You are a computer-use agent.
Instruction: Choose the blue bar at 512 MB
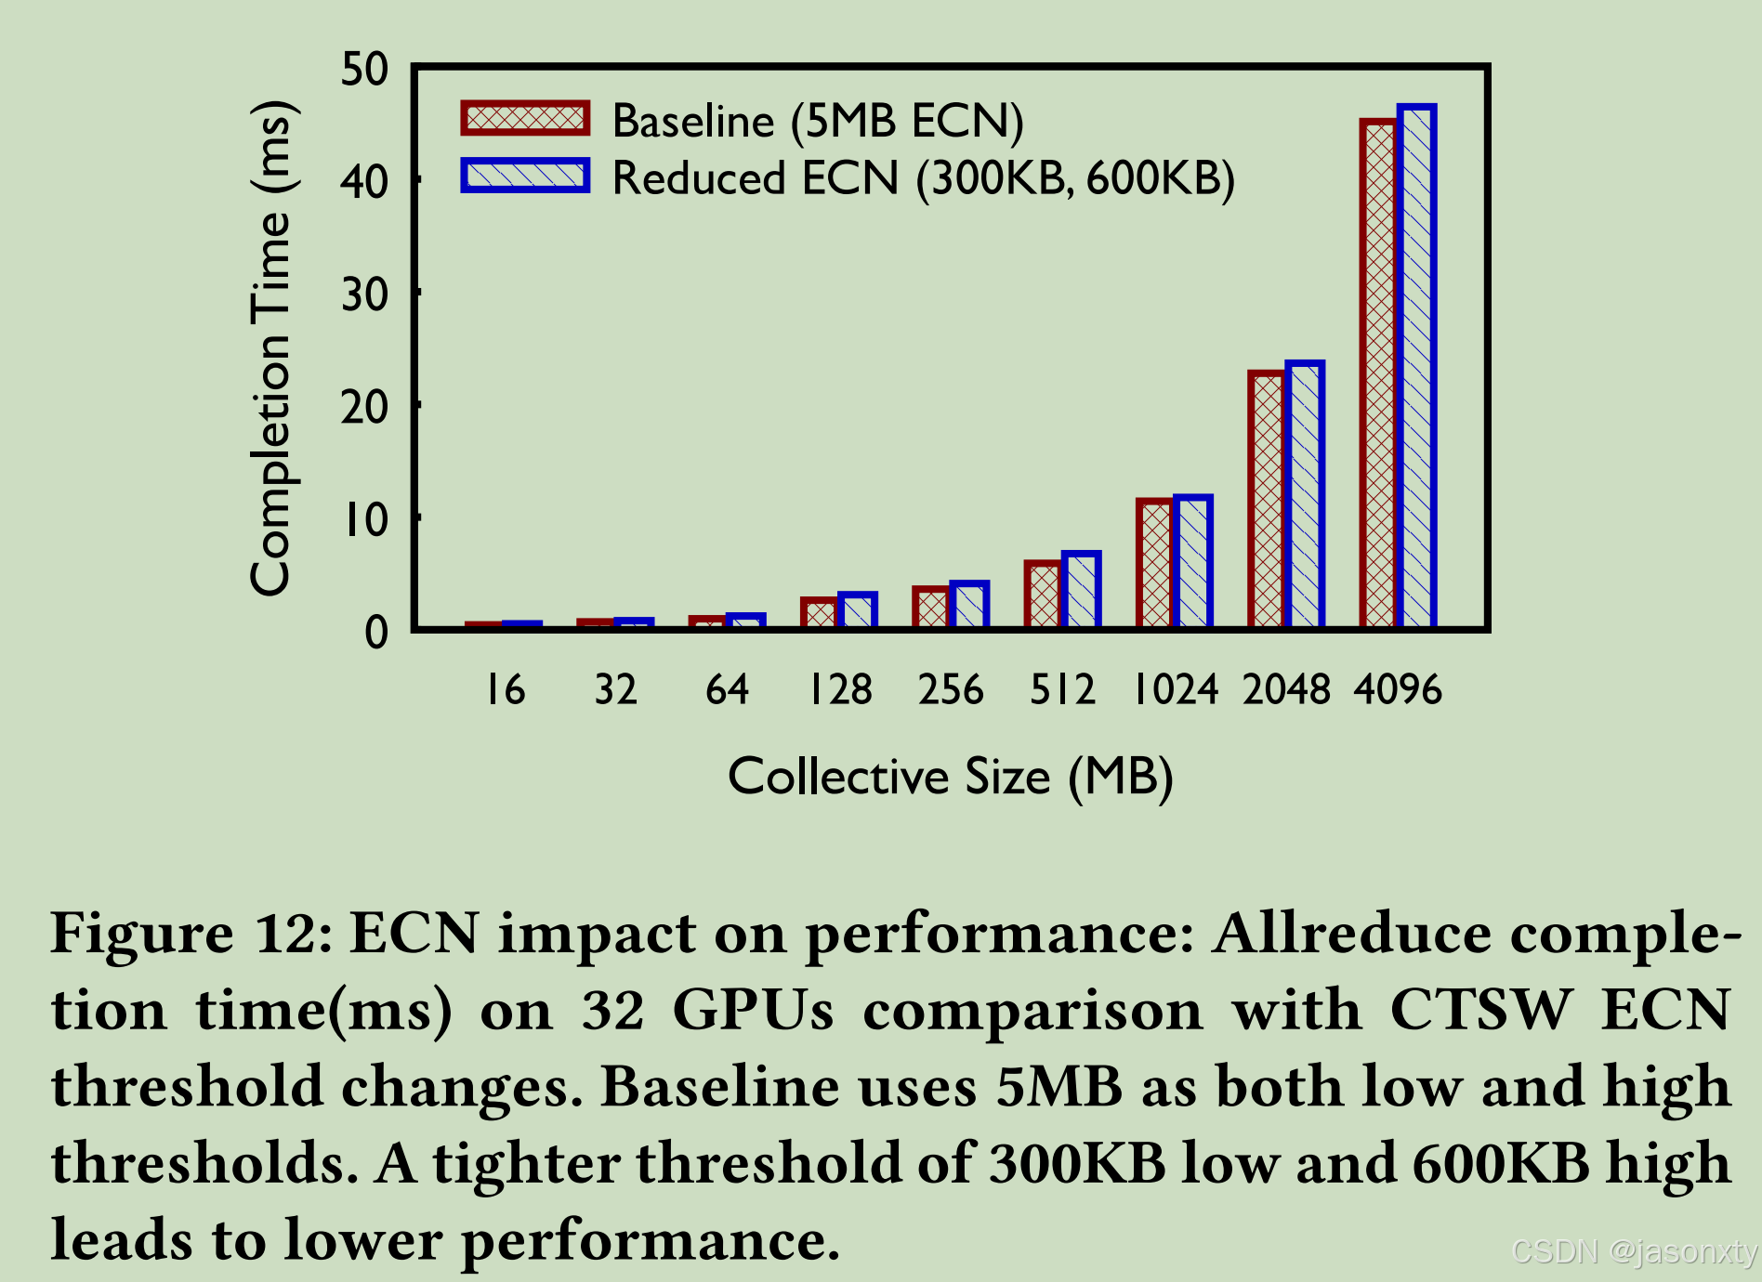coord(1081,591)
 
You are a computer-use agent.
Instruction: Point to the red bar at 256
coord(931,608)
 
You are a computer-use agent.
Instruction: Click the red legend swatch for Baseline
coord(525,119)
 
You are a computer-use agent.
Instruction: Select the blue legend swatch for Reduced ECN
coord(525,176)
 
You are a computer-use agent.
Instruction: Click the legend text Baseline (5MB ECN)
coord(817,121)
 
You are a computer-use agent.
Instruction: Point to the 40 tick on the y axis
coord(364,182)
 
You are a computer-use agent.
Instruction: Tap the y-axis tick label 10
coord(364,520)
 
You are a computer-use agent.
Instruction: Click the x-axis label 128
coord(839,690)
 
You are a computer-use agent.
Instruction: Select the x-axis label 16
coord(506,690)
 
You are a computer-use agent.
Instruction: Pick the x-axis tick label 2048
coord(1286,690)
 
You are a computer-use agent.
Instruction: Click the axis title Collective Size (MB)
coord(950,777)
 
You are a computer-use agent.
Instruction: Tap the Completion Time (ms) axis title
coord(271,348)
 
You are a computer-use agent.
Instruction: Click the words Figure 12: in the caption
coord(190,934)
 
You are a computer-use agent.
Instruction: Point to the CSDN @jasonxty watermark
coord(1634,1252)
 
